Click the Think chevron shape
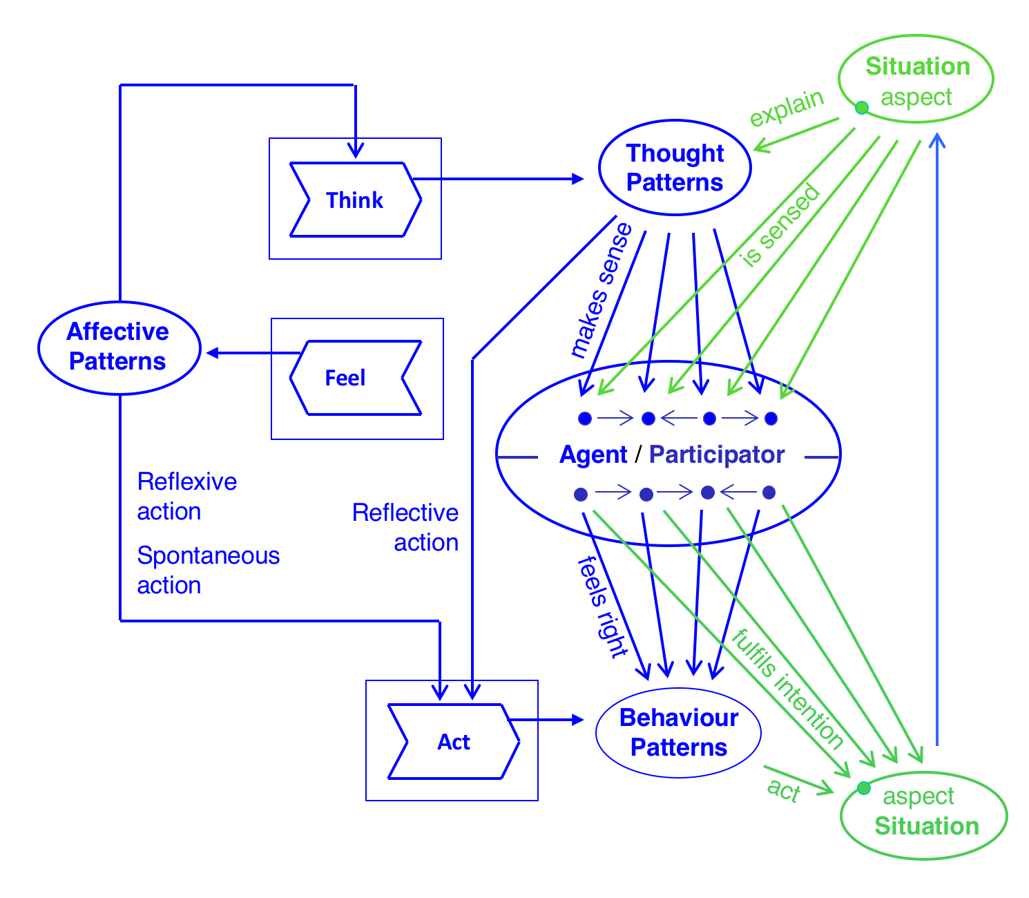(355, 200)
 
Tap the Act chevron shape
(453, 742)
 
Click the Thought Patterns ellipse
(675, 168)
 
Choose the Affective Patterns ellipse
(119, 347)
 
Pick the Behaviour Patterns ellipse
(678, 733)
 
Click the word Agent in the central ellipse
(593, 455)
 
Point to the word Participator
(716, 455)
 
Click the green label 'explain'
(787, 108)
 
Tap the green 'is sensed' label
(780, 226)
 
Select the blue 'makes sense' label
(600, 290)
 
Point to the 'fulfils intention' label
(787, 689)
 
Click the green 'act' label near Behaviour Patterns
(783, 790)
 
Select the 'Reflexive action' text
(186, 496)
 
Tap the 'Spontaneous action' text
(208, 570)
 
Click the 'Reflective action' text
(405, 527)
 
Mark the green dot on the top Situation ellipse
(861, 108)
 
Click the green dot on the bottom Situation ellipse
(863, 787)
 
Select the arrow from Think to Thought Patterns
(497, 179)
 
